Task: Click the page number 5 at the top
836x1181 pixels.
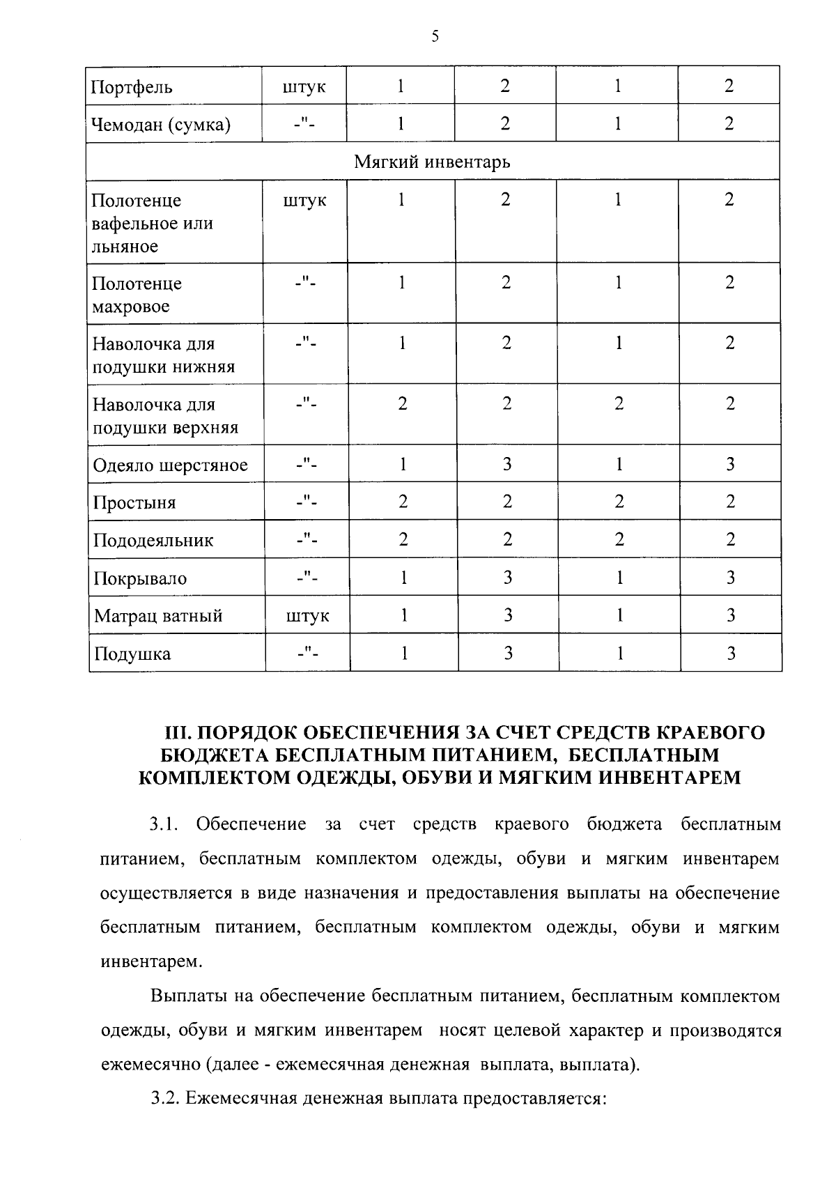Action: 435,37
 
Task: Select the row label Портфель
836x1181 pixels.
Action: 132,88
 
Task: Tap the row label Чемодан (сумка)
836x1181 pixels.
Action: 161,125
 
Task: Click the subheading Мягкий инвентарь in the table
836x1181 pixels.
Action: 432,162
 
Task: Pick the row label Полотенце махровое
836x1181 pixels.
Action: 137,295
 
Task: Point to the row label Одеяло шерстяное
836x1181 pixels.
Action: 171,465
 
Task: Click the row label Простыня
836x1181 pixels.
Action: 134,503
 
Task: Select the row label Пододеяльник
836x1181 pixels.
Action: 153,541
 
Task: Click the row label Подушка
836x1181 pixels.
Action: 132,654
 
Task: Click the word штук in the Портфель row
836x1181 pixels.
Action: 304,88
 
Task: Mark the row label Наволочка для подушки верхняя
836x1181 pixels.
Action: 165,416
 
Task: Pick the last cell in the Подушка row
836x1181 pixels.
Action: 731,654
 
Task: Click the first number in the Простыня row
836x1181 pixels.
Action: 403,502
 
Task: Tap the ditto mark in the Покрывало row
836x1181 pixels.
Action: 307,578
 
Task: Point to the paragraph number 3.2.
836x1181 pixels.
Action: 166,1099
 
